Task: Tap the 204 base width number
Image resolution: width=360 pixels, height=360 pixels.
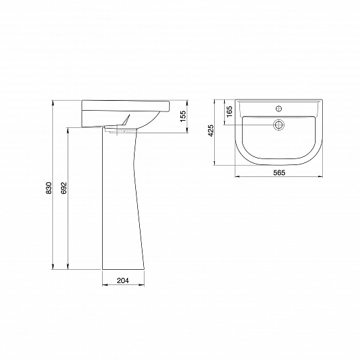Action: [x=122, y=281]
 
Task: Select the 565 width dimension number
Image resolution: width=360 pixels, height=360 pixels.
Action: [x=279, y=172]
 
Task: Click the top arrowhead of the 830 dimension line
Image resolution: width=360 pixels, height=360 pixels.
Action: [x=54, y=103]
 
